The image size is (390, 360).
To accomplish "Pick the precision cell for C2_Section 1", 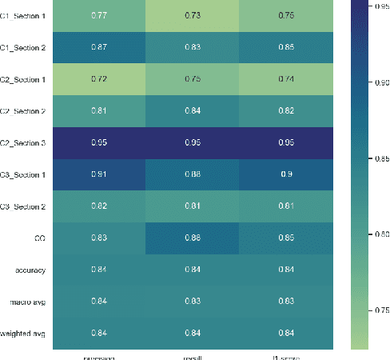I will coord(101,80).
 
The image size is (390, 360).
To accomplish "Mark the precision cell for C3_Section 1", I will coord(101,175).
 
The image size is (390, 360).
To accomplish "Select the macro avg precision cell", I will coord(101,301).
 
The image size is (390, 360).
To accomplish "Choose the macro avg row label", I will coord(28,301).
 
